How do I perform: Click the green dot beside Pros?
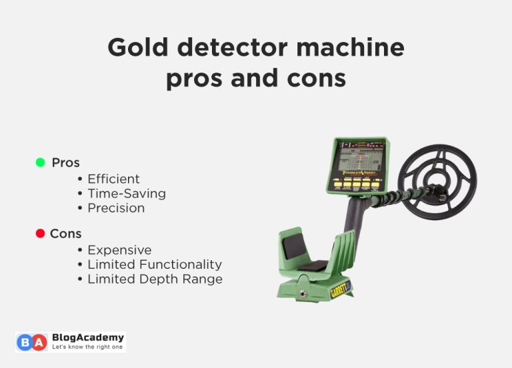click(x=40, y=162)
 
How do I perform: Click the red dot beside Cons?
click(x=40, y=234)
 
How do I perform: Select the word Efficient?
click(x=113, y=179)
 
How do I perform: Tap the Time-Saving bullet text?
click(x=127, y=194)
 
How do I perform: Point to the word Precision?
click(x=116, y=208)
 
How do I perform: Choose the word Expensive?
click(x=119, y=250)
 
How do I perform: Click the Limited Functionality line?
click(x=155, y=265)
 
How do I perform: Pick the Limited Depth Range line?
click(x=155, y=279)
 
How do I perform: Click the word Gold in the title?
click(x=135, y=48)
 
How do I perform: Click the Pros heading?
click(x=65, y=162)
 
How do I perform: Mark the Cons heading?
click(x=65, y=234)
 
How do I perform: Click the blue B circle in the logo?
click(x=25, y=342)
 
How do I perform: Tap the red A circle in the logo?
click(x=39, y=342)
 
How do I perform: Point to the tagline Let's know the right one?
click(x=87, y=348)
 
